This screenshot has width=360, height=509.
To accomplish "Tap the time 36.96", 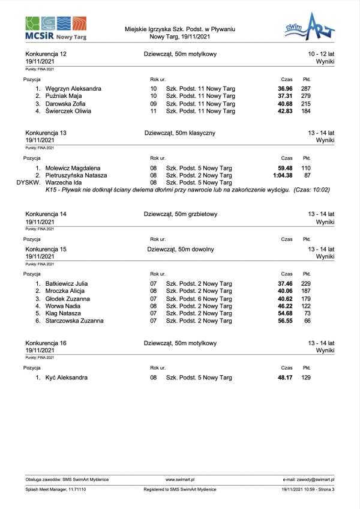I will coord(284,89).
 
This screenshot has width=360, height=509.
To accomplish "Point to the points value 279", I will coord(306,96).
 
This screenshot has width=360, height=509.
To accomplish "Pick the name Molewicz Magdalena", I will coord(73,168).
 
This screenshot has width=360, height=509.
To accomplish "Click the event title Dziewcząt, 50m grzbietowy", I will coord(180,214).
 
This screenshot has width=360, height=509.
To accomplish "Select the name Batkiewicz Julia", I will coord(67,283).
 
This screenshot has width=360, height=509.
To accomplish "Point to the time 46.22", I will coord(284,306).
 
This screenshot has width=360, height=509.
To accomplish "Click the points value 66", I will coord(307,321).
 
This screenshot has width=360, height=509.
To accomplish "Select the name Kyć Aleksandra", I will coord(67,378).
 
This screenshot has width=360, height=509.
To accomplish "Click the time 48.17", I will coord(284,378).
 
